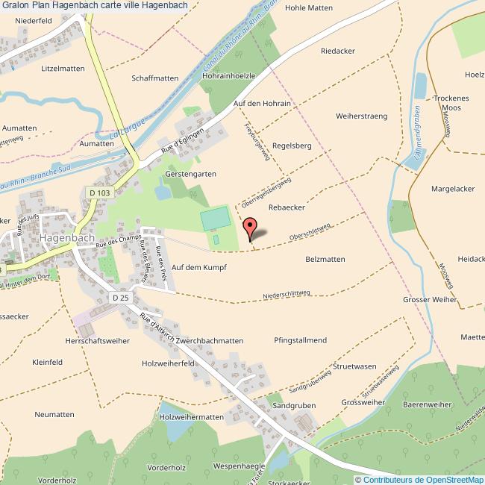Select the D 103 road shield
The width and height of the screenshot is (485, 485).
[x=98, y=192]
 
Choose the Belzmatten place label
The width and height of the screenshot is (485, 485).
[x=325, y=259]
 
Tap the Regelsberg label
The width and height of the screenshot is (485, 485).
[x=292, y=145]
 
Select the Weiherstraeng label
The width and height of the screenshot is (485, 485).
[x=362, y=116]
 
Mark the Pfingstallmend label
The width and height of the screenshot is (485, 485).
[x=301, y=340]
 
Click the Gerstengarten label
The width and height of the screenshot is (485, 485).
[x=190, y=174]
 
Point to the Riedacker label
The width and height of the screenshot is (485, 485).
[x=337, y=51]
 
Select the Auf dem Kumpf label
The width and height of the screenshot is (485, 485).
[x=198, y=266]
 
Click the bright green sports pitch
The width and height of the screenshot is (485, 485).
[x=214, y=219]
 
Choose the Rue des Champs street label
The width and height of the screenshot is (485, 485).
[x=119, y=240]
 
